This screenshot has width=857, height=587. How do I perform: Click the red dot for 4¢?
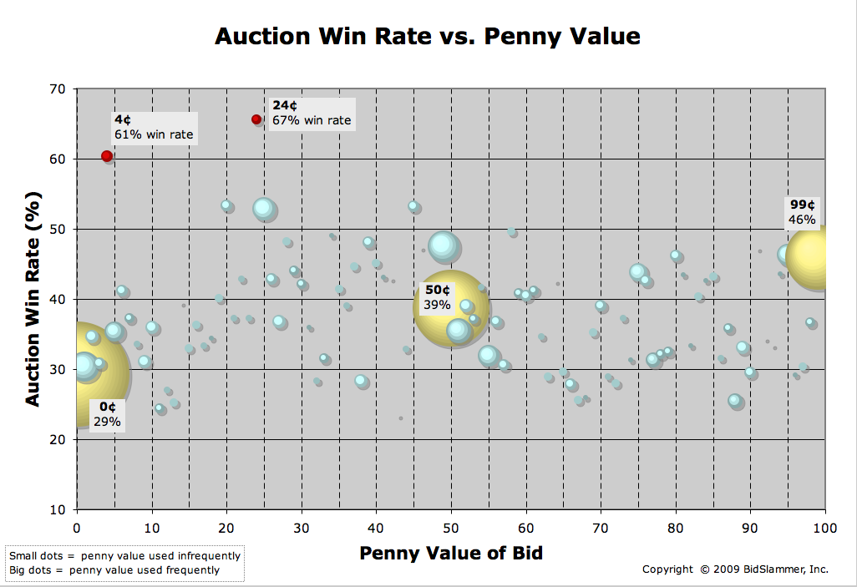point(107,156)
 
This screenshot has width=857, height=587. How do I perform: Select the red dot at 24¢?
point(256,119)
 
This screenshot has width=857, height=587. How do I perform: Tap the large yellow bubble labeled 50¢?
point(449,306)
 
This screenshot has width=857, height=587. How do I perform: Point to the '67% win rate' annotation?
point(312,120)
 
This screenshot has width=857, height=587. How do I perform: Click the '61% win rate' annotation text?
point(154,134)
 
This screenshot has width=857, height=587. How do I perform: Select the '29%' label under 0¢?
point(107,422)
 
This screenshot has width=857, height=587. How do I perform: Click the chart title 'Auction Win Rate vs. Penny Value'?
point(428,37)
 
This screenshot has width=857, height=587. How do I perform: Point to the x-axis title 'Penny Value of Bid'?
point(450,553)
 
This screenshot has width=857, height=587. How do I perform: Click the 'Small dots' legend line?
point(124,555)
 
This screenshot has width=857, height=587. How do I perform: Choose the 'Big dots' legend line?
point(114,570)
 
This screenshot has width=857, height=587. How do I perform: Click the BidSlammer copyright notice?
point(735,569)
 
